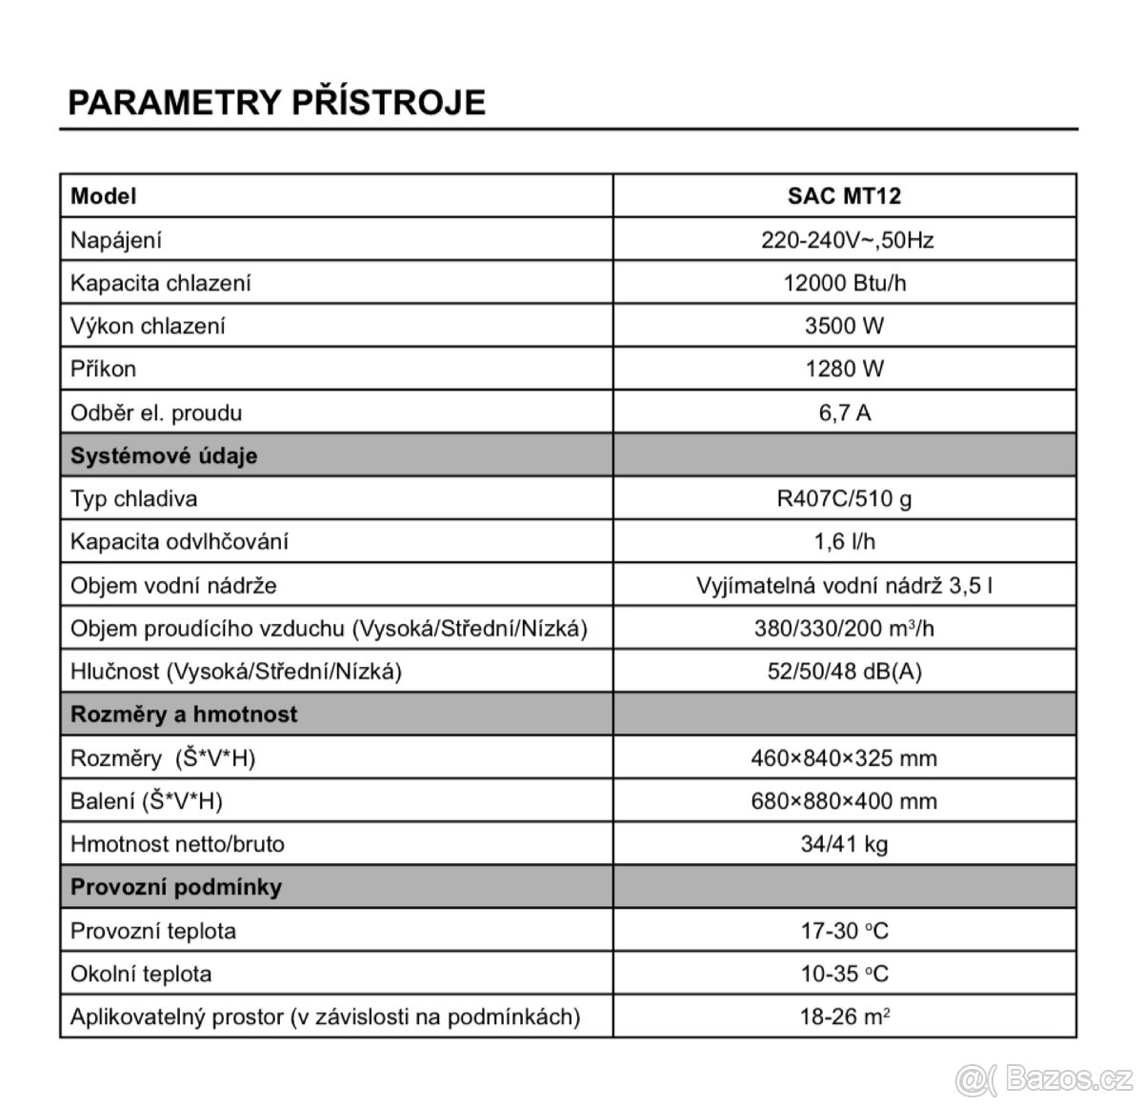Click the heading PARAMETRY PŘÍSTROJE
click(x=276, y=102)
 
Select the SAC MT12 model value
click(x=844, y=196)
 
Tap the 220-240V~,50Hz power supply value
click(x=844, y=240)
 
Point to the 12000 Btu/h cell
click(x=844, y=283)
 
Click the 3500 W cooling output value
click(x=844, y=326)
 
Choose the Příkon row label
click(x=103, y=369)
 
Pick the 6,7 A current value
click(x=844, y=413)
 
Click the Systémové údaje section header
click(x=164, y=455)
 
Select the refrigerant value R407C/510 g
click(x=844, y=498)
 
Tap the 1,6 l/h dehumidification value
click(x=844, y=541)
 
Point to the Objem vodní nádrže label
click(x=173, y=585)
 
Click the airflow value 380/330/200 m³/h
click(x=844, y=628)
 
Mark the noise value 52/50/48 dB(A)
click(x=844, y=671)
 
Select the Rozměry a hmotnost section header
click(x=184, y=715)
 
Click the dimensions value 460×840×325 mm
click(x=844, y=758)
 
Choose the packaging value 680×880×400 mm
click(x=844, y=801)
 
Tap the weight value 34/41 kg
click(x=844, y=844)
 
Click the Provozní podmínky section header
click(x=176, y=887)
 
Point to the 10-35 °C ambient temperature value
click(x=844, y=974)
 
